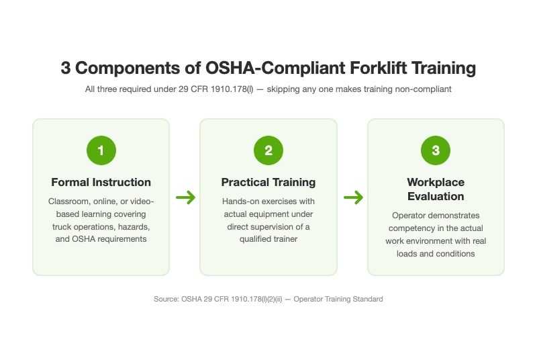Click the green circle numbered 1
101,150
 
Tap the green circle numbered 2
268,150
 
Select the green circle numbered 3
436,150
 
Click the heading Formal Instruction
101,182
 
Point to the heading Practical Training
268,182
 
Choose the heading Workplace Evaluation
436,189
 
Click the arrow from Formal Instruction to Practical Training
185,197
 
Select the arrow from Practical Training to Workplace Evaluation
353,197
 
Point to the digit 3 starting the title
66,68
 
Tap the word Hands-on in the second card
241,201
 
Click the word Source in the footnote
166,299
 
